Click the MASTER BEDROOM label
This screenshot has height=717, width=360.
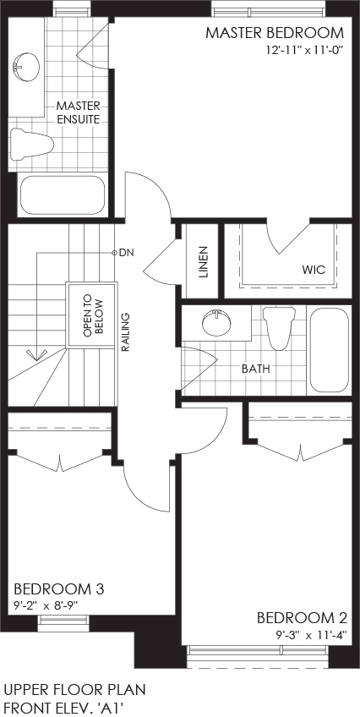(274, 33)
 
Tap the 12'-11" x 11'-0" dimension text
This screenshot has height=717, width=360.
(305, 50)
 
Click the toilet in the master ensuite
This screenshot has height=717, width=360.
(31, 144)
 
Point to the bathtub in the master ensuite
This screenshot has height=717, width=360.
(63, 195)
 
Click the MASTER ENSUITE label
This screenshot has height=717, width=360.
(78, 113)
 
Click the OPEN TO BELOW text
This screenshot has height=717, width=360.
(94, 316)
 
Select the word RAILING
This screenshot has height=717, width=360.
(126, 332)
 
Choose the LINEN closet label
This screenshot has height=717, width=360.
(204, 262)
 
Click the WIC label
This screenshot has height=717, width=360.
(314, 270)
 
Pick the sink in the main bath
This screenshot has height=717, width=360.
(215, 323)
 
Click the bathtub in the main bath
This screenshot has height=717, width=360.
(330, 351)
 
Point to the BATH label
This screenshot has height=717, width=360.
(256, 369)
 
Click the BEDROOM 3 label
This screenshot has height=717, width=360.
(59, 589)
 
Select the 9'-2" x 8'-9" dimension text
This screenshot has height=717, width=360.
(46, 605)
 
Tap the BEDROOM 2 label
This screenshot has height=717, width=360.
(302, 618)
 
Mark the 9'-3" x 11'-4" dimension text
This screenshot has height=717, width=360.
(312, 635)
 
